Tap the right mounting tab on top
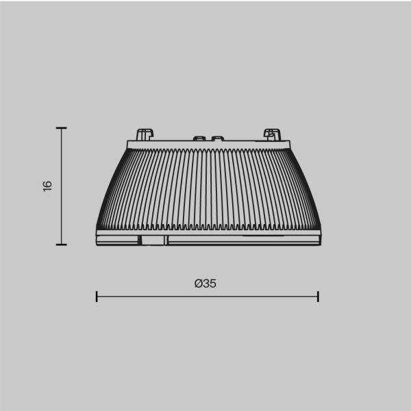[x=271, y=134]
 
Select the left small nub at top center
[x=199, y=138]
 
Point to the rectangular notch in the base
[x=153, y=240]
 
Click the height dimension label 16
[x=47, y=186]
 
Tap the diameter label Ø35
[x=206, y=283]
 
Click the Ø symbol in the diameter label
[x=198, y=283]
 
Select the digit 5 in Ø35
[x=213, y=283]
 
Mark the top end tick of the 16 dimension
[x=62, y=128]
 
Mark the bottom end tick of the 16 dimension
[x=62, y=244]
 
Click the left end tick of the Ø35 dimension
[x=97, y=296]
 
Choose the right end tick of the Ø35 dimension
[x=319, y=296]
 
